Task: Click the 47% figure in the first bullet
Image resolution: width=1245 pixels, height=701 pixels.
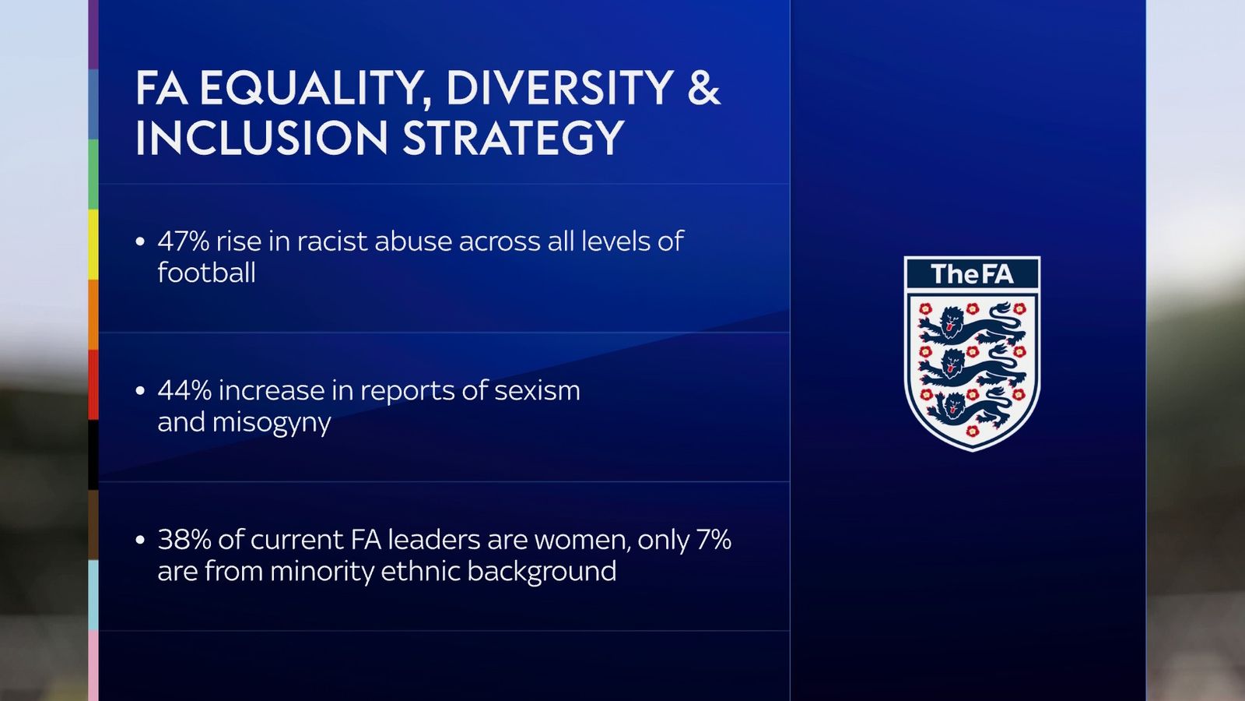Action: coord(184,241)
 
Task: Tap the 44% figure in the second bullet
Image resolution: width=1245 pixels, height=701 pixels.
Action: coord(184,390)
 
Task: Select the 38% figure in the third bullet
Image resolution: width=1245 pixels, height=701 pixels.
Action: coord(184,540)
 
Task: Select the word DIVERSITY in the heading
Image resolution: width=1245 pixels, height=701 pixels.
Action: coord(559,87)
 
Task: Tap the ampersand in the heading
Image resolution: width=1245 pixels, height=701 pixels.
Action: coord(703,87)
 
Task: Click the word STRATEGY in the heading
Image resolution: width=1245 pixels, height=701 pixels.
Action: coord(514,139)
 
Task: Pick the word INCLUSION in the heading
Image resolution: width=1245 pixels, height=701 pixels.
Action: coord(261,139)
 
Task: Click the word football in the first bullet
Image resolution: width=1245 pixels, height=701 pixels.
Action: coord(206,273)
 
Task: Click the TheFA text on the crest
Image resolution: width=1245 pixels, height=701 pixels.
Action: coord(972,274)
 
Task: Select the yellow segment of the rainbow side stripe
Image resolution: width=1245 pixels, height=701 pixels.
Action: coord(93,244)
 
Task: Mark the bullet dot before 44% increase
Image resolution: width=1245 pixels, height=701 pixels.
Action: coord(140,391)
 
